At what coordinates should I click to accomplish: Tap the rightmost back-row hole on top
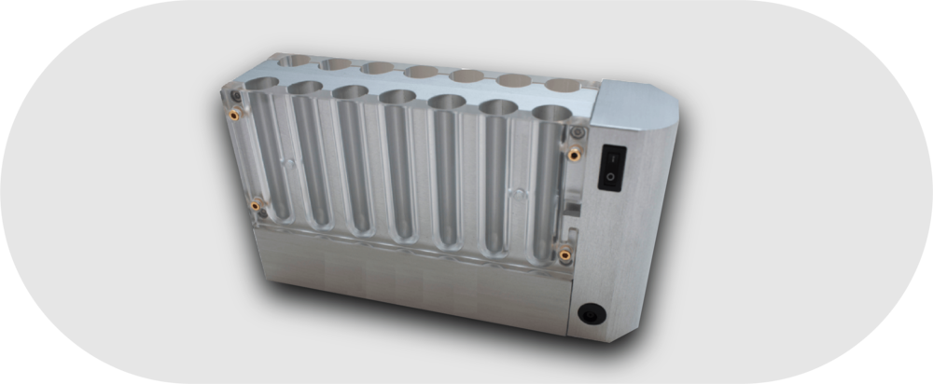click(x=565, y=85)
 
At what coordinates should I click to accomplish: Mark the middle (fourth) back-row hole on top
click(x=421, y=72)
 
